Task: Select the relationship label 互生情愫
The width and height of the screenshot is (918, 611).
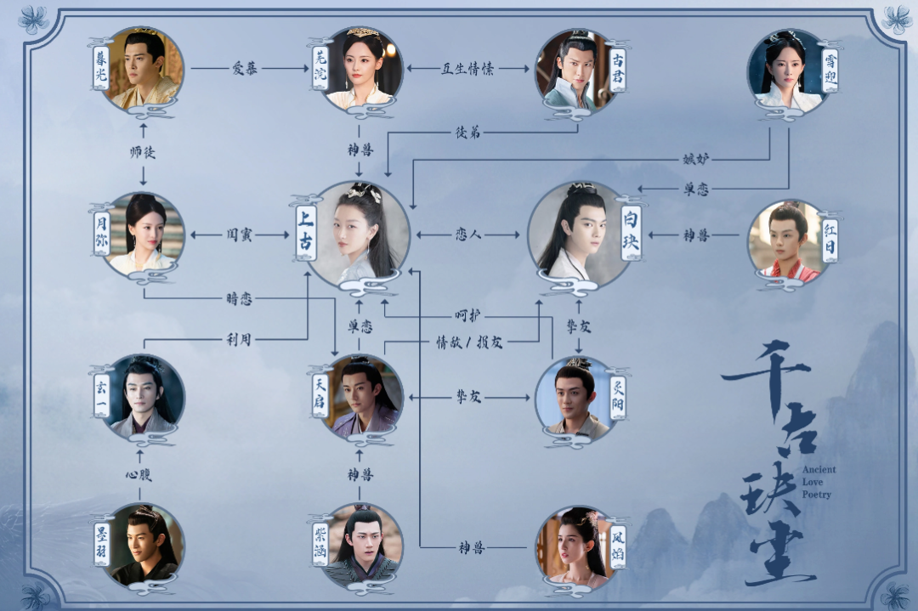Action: pyautogui.click(x=468, y=69)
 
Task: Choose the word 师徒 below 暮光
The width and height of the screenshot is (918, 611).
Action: pyautogui.click(x=142, y=153)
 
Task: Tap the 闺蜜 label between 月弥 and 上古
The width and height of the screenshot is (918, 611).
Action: pyautogui.click(x=239, y=234)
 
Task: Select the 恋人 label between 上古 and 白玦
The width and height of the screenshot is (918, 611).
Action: pyautogui.click(x=468, y=234)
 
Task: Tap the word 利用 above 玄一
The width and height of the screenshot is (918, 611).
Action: pyautogui.click(x=239, y=339)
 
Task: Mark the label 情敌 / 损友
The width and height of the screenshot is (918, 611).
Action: pyautogui.click(x=468, y=342)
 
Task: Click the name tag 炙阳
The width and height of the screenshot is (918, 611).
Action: pyautogui.click(x=618, y=397)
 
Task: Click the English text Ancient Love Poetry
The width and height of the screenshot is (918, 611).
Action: pyautogui.click(x=819, y=482)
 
